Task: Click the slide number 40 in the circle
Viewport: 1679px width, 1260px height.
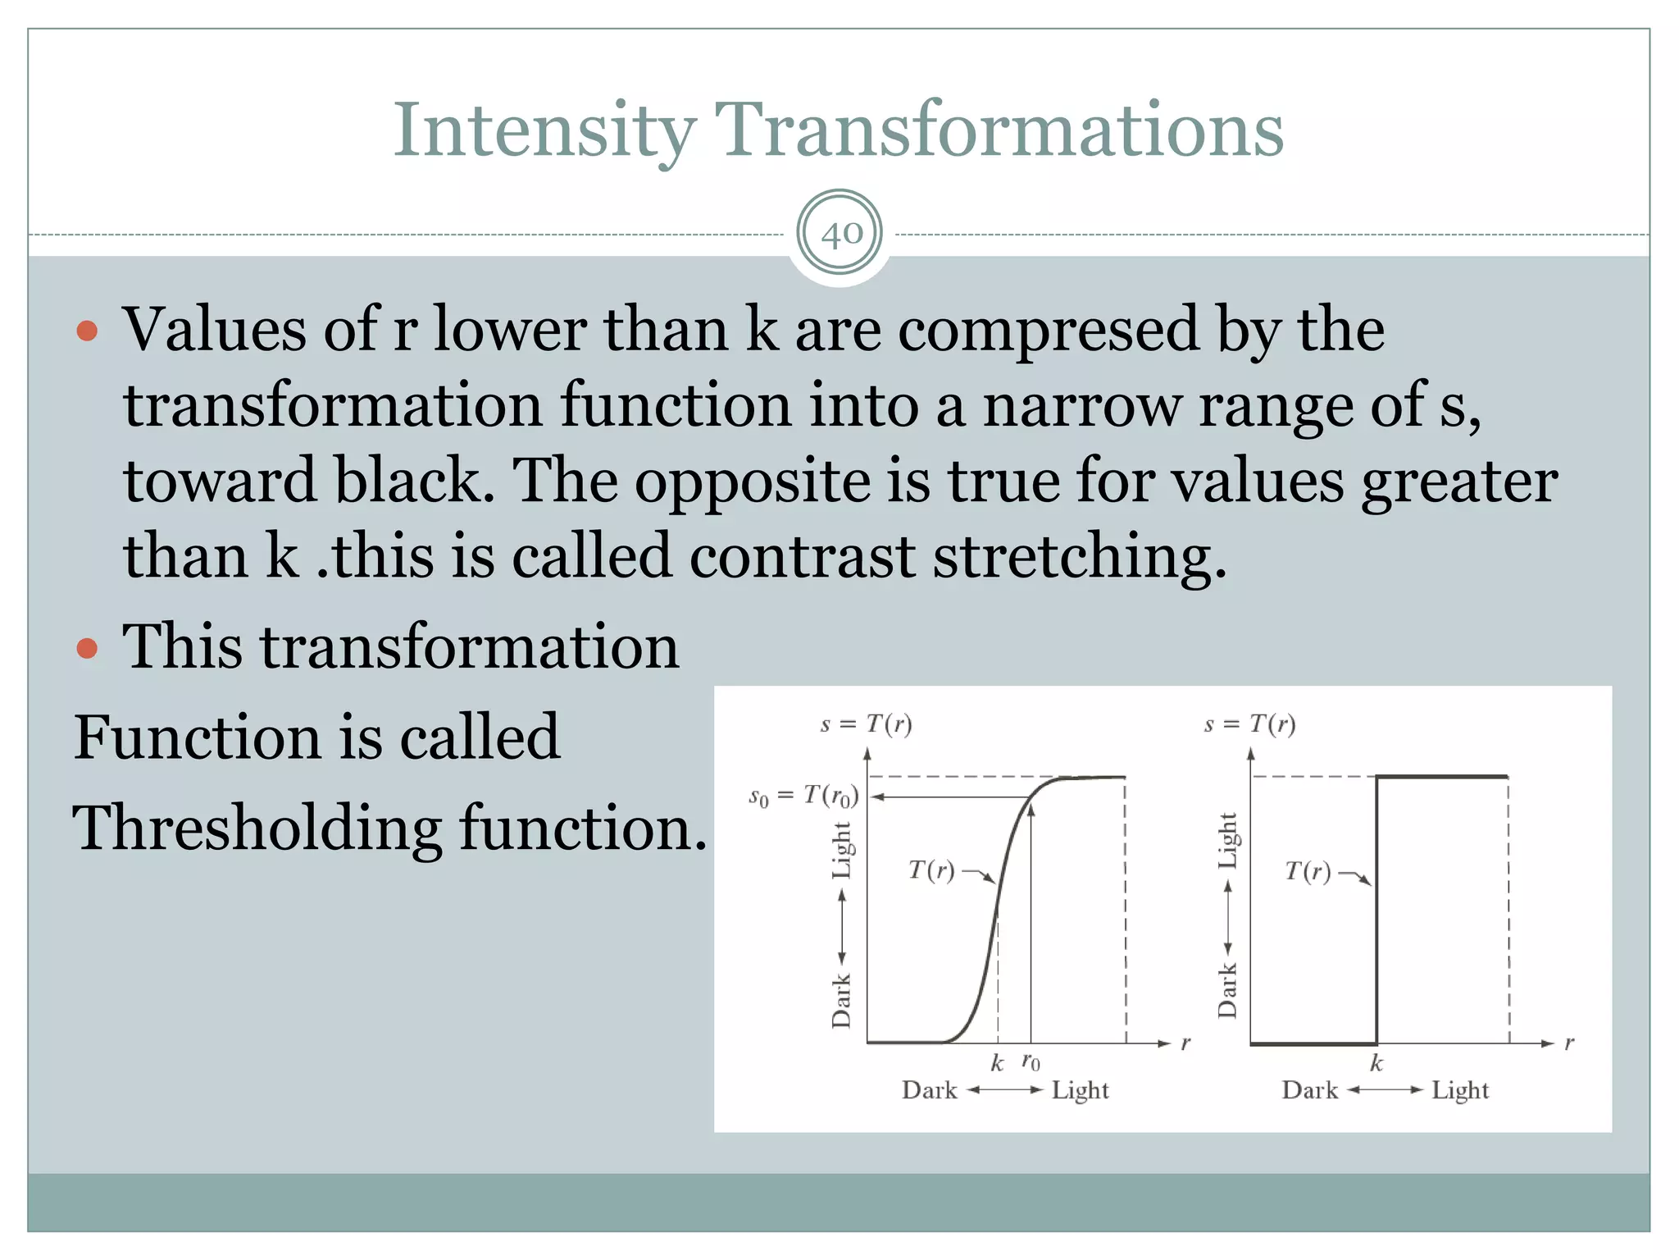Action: (x=840, y=234)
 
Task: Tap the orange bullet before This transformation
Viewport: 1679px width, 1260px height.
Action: (x=87, y=649)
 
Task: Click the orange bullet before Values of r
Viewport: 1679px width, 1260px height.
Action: (x=87, y=331)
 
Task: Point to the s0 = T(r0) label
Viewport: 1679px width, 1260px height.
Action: (x=803, y=797)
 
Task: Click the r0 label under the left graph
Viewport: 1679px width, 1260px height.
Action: (x=1031, y=1062)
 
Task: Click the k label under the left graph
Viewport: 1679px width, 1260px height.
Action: (x=997, y=1063)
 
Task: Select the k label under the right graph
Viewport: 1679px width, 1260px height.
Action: (x=1376, y=1063)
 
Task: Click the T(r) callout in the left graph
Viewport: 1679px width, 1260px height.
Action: (x=931, y=870)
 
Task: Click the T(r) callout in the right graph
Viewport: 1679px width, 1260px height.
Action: (x=1308, y=870)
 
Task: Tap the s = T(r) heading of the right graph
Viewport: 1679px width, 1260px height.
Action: (x=1249, y=724)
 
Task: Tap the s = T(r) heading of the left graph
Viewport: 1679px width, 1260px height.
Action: (x=866, y=724)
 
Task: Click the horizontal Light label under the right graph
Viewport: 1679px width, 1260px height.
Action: (x=1459, y=1090)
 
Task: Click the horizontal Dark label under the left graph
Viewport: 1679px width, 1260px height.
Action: (x=929, y=1090)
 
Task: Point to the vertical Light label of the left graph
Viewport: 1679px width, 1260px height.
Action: (x=842, y=850)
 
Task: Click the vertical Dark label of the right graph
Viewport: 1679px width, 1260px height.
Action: (x=1226, y=991)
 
